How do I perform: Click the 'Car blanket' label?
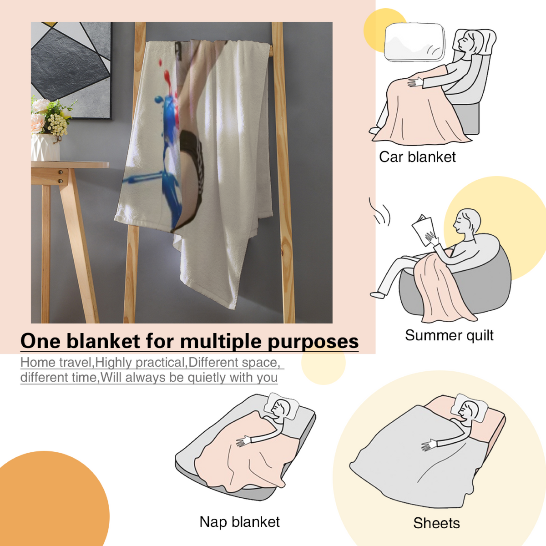(417, 157)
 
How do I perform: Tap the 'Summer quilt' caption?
(449, 336)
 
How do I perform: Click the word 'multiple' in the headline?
(220, 342)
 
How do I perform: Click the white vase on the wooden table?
(45, 147)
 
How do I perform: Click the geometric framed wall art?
(71, 70)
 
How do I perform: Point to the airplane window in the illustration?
(415, 42)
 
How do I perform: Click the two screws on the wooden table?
(61, 176)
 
